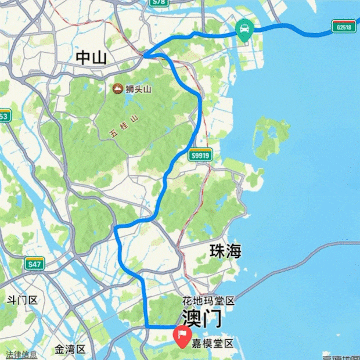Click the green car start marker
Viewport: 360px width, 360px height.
click(x=243, y=28)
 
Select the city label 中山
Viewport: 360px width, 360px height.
click(x=92, y=57)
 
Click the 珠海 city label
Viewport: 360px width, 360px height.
click(x=225, y=251)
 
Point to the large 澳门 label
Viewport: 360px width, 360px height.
click(x=201, y=318)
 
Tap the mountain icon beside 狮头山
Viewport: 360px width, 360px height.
click(x=117, y=89)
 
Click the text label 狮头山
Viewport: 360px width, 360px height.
click(x=139, y=89)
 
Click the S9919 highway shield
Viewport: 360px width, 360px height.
click(x=201, y=155)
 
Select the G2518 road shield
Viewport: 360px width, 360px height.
click(x=343, y=27)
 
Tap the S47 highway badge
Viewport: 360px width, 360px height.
click(x=35, y=265)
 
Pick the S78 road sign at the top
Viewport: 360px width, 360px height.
click(x=158, y=3)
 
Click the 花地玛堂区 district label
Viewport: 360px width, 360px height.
click(x=208, y=301)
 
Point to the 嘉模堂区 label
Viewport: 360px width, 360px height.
click(x=213, y=344)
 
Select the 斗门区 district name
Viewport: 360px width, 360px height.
click(x=21, y=300)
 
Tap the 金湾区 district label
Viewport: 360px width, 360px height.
click(x=70, y=349)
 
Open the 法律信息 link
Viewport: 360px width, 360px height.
click(x=21, y=355)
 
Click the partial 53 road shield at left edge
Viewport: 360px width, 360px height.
click(x=4, y=117)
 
